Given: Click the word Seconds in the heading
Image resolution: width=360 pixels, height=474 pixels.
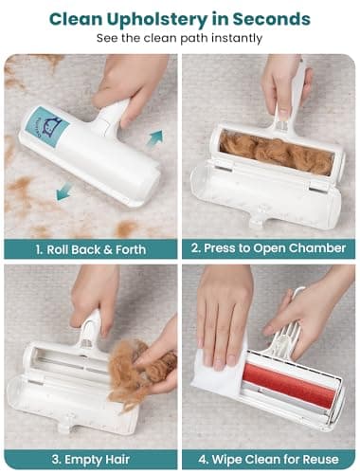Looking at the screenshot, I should pos(274,18).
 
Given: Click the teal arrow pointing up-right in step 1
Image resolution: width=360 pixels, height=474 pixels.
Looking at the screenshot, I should pos(153,137).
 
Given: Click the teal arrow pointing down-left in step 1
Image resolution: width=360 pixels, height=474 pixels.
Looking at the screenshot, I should pos(63,192).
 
